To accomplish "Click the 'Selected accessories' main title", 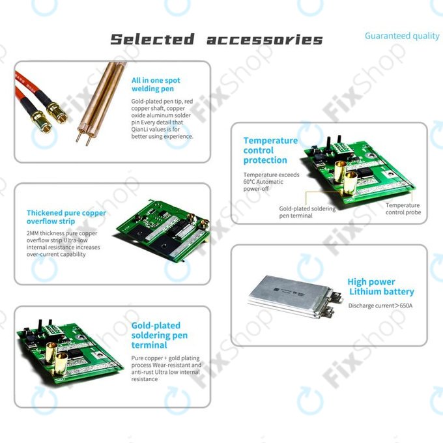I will pyautogui.click(x=216, y=39).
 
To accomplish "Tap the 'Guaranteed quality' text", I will pyautogui.click(x=401, y=36).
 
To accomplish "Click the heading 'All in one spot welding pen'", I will pyautogui.click(x=156, y=85).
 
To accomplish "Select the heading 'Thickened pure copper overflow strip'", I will pyautogui.click(x=66, y=217).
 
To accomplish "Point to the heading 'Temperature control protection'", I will pyautogui.click(x=270, y=150).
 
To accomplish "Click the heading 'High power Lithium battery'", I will pyautogui.click(x=380, y=287).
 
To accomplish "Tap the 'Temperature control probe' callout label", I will pyautogui.click(x=403, y=208).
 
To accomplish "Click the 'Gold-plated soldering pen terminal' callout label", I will pyautogui.click(x=307, y=212).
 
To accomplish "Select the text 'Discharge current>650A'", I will pyautogui.click(x=380, y=306).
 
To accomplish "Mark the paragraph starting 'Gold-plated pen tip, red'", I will pyautogui.click(x=162, y=119).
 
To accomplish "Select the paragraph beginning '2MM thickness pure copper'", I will pyautogui.click(x=63, y=244).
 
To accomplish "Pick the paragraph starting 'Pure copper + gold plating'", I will pyautogui.click(x=166, y=367).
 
